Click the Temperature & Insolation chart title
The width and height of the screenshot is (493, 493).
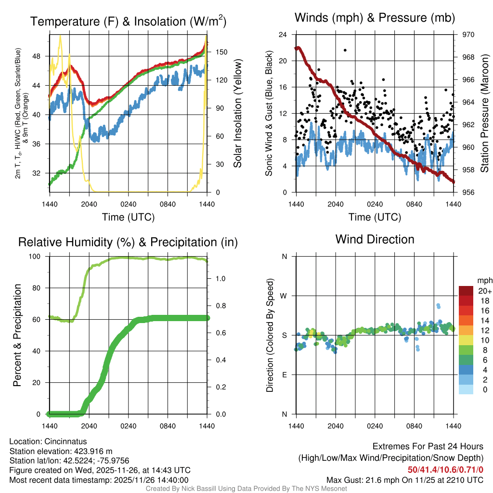point(128,22)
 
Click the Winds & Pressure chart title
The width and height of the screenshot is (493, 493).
point(375,18)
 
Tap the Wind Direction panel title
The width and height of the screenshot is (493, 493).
point(375,239)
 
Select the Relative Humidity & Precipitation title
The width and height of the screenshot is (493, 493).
point(128,242)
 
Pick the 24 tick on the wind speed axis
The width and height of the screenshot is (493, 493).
point(283,35)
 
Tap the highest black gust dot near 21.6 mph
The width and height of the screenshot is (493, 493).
point(345,50)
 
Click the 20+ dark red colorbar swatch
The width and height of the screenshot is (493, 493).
point(466,290)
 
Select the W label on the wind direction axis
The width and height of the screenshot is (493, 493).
point(284,296)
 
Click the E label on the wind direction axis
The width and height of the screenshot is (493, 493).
point(285,375)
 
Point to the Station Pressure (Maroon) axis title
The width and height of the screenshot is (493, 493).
point(484,114)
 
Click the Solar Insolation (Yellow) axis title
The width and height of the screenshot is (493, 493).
point(238,114)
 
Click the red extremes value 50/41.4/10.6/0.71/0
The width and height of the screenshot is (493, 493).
point(445,469)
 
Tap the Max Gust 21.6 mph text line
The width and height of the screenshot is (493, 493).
point(404,480)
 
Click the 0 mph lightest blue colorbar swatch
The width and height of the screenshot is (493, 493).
point(466,390)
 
